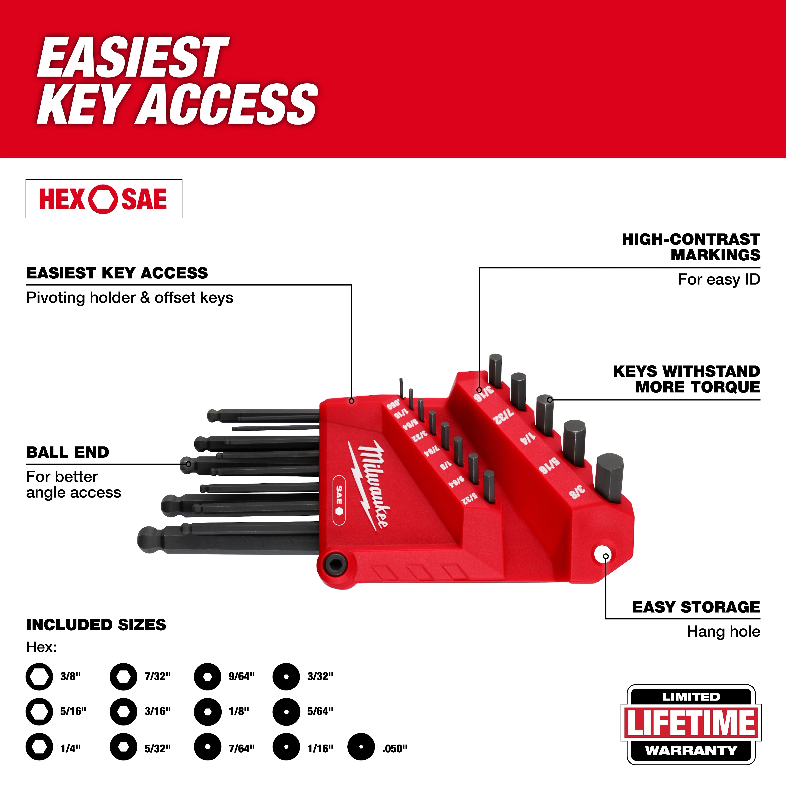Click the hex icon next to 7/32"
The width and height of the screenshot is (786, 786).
(x=123, y=677)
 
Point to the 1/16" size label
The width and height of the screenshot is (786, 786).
(x=320, y=748)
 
